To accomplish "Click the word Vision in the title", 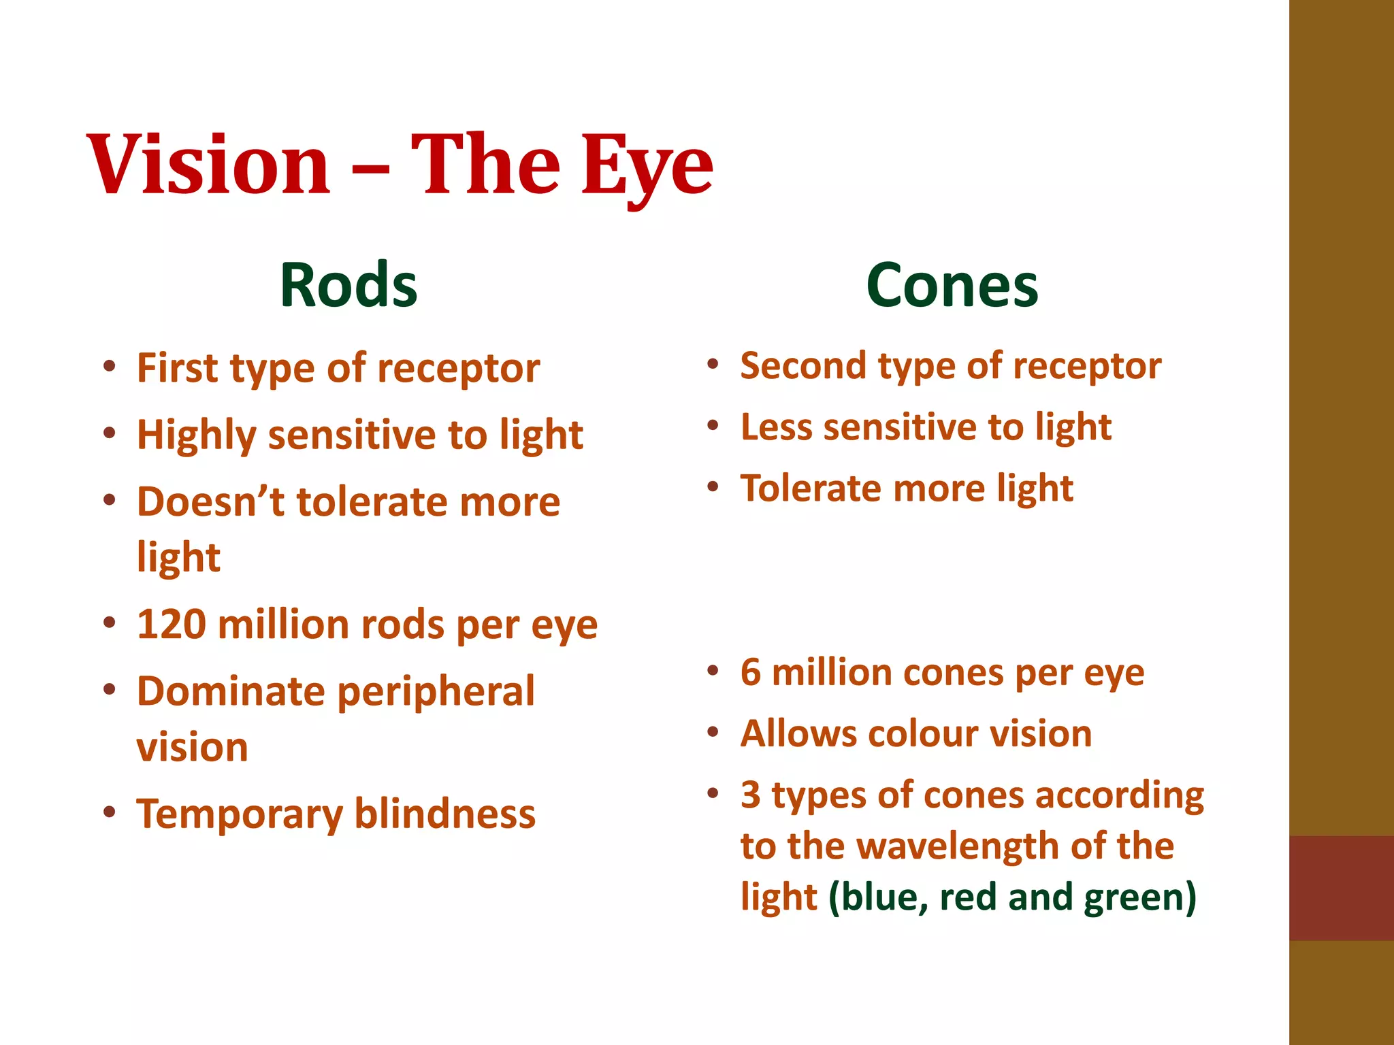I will pyautogui.click(x=208, y=165).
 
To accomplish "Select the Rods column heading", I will pyautogui.click(x=348, y=286).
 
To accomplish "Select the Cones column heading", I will pyautogui.click(x=952, y=286).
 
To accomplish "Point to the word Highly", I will pyautogui.click(x=196, y=435).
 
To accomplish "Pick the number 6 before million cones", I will pyautogui.click(x=750, y=673).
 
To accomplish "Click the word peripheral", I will pyautogui.click(x=436, y=693).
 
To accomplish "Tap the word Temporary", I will pyautogui.click(x=240, y=814).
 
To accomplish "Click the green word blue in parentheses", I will pyautogui.click(x=882, y=897).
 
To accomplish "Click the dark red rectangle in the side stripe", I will pyautogui.click(x=1341, y=888).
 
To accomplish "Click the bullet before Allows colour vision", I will pyautogui.click(x=713, y=733).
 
